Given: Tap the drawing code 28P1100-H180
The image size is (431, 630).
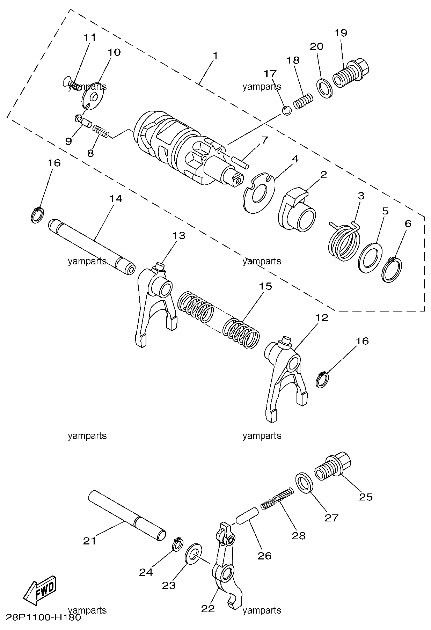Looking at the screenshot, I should pyautogui.click(x=43, y=617).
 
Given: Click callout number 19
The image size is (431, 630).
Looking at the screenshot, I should pyautogui.click(x=341, y=33).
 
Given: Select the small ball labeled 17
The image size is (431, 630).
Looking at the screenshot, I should pyautogui.click(x=287, y=111).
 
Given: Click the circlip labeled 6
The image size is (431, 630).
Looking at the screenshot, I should pyautogui.click(x=392, y=270).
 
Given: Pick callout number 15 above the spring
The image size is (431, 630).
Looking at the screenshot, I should pyautogui.click(x=265, y=286).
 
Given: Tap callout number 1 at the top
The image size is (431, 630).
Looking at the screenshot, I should pyautogui.click(x=215, y=56).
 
